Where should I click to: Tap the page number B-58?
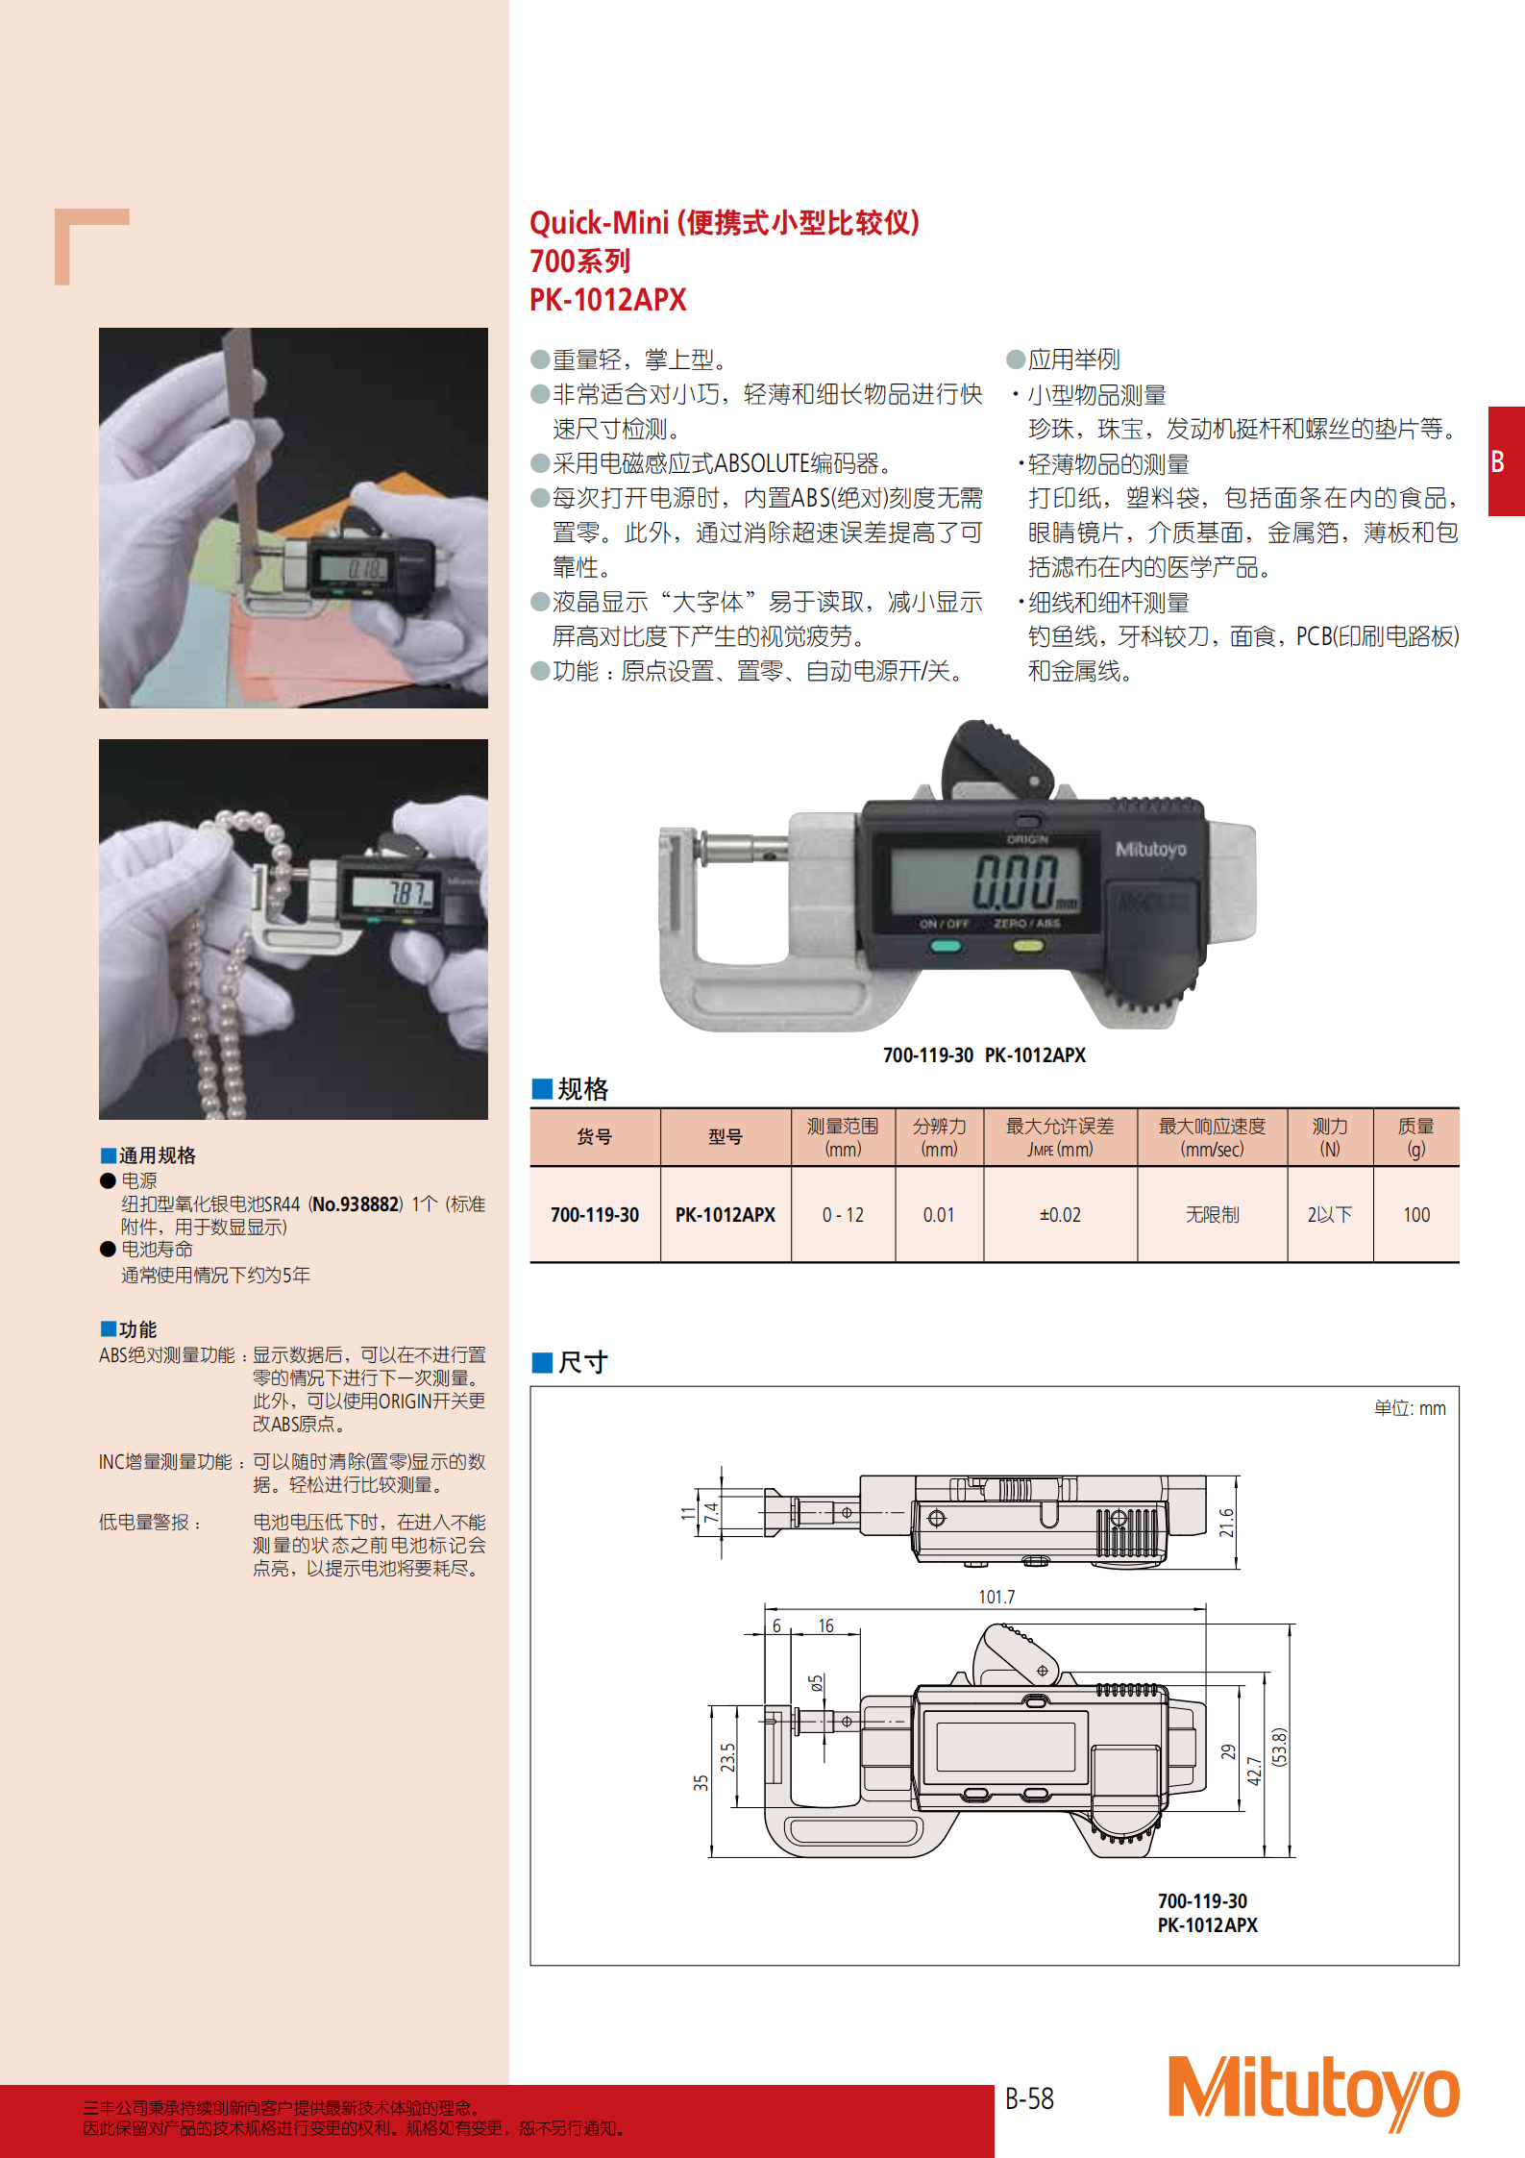[1029, 2098]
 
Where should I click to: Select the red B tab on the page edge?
[1506, 461]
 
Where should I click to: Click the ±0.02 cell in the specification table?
[1060, 1215]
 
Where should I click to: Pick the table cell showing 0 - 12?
[843, 1215]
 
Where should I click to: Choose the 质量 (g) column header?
[1415, 1137]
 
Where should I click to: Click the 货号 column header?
[594, 1137]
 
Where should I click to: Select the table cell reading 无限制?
[1212, 1215]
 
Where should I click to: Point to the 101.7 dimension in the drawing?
[996, 1597]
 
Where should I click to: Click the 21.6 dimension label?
[1226, 1523]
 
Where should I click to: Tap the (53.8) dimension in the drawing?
[1279, 1747]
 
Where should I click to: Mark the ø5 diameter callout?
[816, 1683]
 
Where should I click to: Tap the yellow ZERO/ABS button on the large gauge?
[1027, 946]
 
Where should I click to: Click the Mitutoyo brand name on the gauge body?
[1150, 849]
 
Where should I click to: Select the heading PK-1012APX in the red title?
[608, 300]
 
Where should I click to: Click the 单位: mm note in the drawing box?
[1410, 1408]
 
